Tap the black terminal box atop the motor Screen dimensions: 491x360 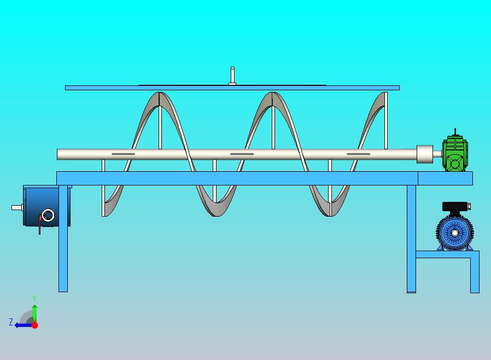tap(455, 206)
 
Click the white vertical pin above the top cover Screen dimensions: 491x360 tap(232, 76)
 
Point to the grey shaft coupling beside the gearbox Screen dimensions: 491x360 tap(425, 154)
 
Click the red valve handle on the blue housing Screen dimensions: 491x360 tap(40, 224)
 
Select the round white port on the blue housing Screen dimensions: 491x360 tap(48, 215)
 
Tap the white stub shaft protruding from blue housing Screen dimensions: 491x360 tap(17, 207)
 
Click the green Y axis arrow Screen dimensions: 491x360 tap(34, 313)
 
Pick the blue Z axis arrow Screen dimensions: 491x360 tap(24, 325)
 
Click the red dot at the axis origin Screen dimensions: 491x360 tap(35, 325)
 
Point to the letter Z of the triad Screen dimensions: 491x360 tap(11, 322)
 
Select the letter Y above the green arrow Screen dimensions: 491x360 tap(34, 298)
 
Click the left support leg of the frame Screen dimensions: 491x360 tap(63, 239)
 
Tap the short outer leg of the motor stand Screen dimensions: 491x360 tap(475, 272)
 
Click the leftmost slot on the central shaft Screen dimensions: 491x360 tap(124, 154)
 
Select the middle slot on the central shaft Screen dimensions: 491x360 tap(242, 154)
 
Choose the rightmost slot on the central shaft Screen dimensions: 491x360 tap(359, 154)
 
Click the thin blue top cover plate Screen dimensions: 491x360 tap(232, 88)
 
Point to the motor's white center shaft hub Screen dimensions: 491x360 tap(455, 233)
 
